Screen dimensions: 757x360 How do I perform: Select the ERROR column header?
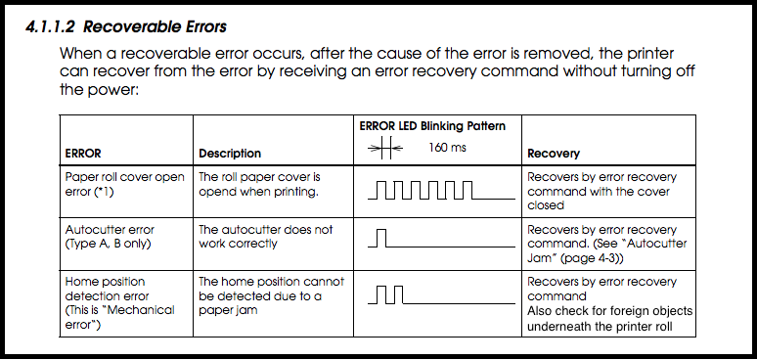(84, 154)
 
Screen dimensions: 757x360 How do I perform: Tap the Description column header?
(230, 154)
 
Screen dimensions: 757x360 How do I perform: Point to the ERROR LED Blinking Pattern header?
(431, 125)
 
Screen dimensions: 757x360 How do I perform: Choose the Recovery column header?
(554, 154)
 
